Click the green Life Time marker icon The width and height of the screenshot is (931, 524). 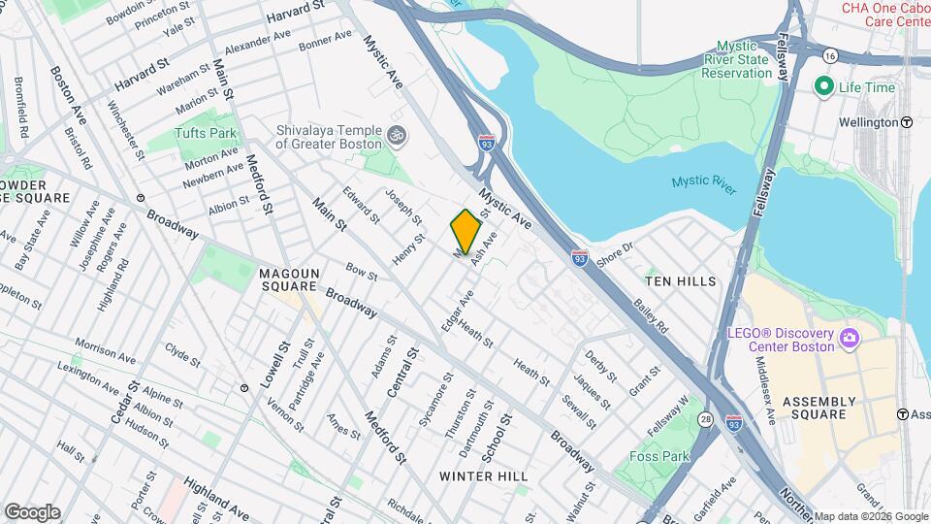824,86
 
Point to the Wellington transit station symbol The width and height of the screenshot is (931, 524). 906,123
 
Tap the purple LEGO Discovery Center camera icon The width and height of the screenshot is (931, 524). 851,338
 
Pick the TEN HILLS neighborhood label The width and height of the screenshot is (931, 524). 681,281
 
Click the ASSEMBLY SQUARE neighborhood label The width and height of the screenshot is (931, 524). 819,408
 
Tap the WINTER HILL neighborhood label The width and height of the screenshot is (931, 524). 484,476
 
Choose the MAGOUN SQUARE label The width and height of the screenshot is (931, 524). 289,279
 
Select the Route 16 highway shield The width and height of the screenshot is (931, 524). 830,58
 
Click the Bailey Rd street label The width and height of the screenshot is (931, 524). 652,316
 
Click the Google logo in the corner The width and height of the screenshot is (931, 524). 32,512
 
